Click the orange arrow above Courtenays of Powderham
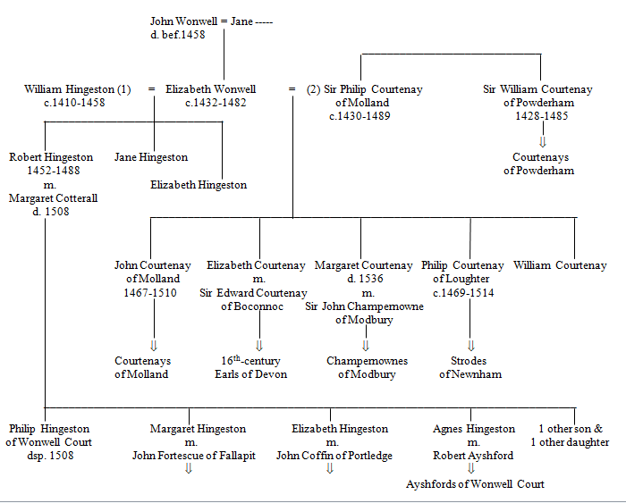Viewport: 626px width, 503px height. click(541, 140)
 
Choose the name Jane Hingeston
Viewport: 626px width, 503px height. click(151, 157)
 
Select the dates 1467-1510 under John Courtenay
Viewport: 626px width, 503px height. click(152, 293)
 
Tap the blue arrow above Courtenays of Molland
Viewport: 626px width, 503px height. click(153, 345)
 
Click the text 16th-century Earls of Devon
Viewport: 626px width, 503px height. click(255, 368)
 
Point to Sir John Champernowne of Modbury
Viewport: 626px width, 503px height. click(363, 314)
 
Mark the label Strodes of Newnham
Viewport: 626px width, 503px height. click(469, 368)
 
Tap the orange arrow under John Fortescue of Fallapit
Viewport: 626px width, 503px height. click(188, 468)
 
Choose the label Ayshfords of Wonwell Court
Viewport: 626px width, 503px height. click(475, 484)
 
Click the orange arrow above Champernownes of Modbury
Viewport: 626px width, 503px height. click(366, 345)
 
